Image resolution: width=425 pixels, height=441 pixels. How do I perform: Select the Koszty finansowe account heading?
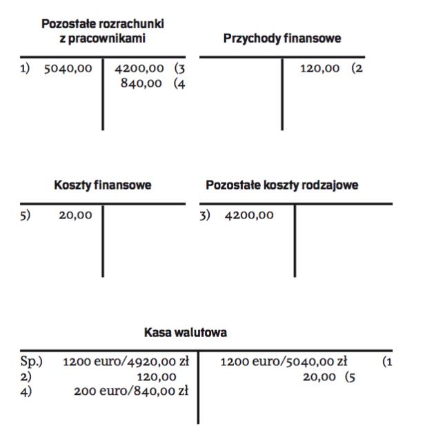click(103, 185)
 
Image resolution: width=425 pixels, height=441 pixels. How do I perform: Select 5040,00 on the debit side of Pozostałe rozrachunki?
click(68, 69)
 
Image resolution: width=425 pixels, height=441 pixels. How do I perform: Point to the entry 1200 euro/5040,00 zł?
click(283, 362)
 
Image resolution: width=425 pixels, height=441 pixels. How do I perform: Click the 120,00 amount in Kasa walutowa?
click(156, 376)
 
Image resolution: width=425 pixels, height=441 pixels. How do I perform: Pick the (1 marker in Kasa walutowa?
click(387, 362)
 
